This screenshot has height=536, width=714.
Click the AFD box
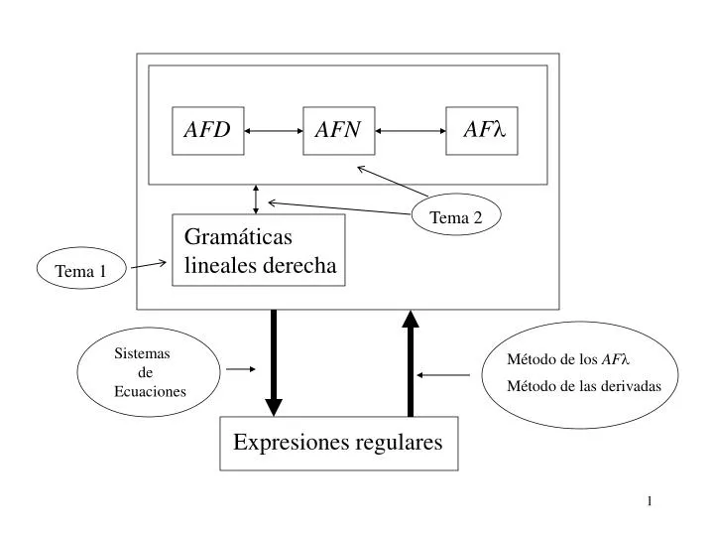click(x=207, y=130)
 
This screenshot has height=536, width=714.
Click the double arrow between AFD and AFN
click(x=273, y=130)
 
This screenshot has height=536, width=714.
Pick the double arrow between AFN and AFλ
click(x=410, y=130)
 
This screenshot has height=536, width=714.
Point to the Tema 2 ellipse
click(x=456, y=217)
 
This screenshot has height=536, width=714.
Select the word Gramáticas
click(x=238, y=237)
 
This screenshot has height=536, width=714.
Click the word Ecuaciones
click(x=150, y=392)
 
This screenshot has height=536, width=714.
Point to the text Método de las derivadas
click(x=583, y=385)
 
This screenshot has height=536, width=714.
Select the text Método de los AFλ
click(x=568, y=359)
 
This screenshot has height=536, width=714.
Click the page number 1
click(x=649, y=500)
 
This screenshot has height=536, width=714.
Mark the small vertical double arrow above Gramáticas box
click(x=257, y=200)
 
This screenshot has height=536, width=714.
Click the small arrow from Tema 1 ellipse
click(x=149, y=265)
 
